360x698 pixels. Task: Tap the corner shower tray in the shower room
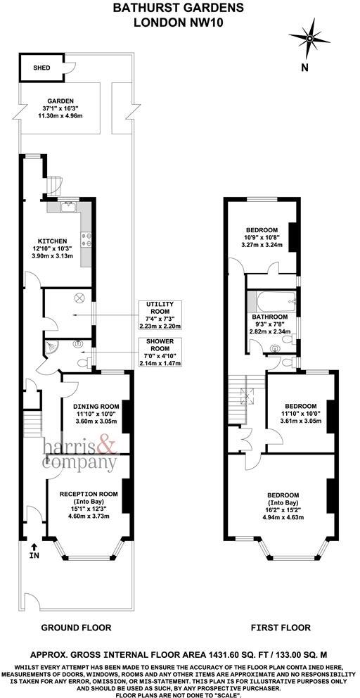coord(52,346)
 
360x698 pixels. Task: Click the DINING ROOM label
coord(97,405)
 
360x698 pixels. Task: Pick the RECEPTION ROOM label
coord(89,494)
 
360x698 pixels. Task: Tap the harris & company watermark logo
coord(79,455)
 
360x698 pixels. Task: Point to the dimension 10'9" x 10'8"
coord(261,239)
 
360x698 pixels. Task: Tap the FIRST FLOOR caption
coord(279,626)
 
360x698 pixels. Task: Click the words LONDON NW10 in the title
coord(179,23)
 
